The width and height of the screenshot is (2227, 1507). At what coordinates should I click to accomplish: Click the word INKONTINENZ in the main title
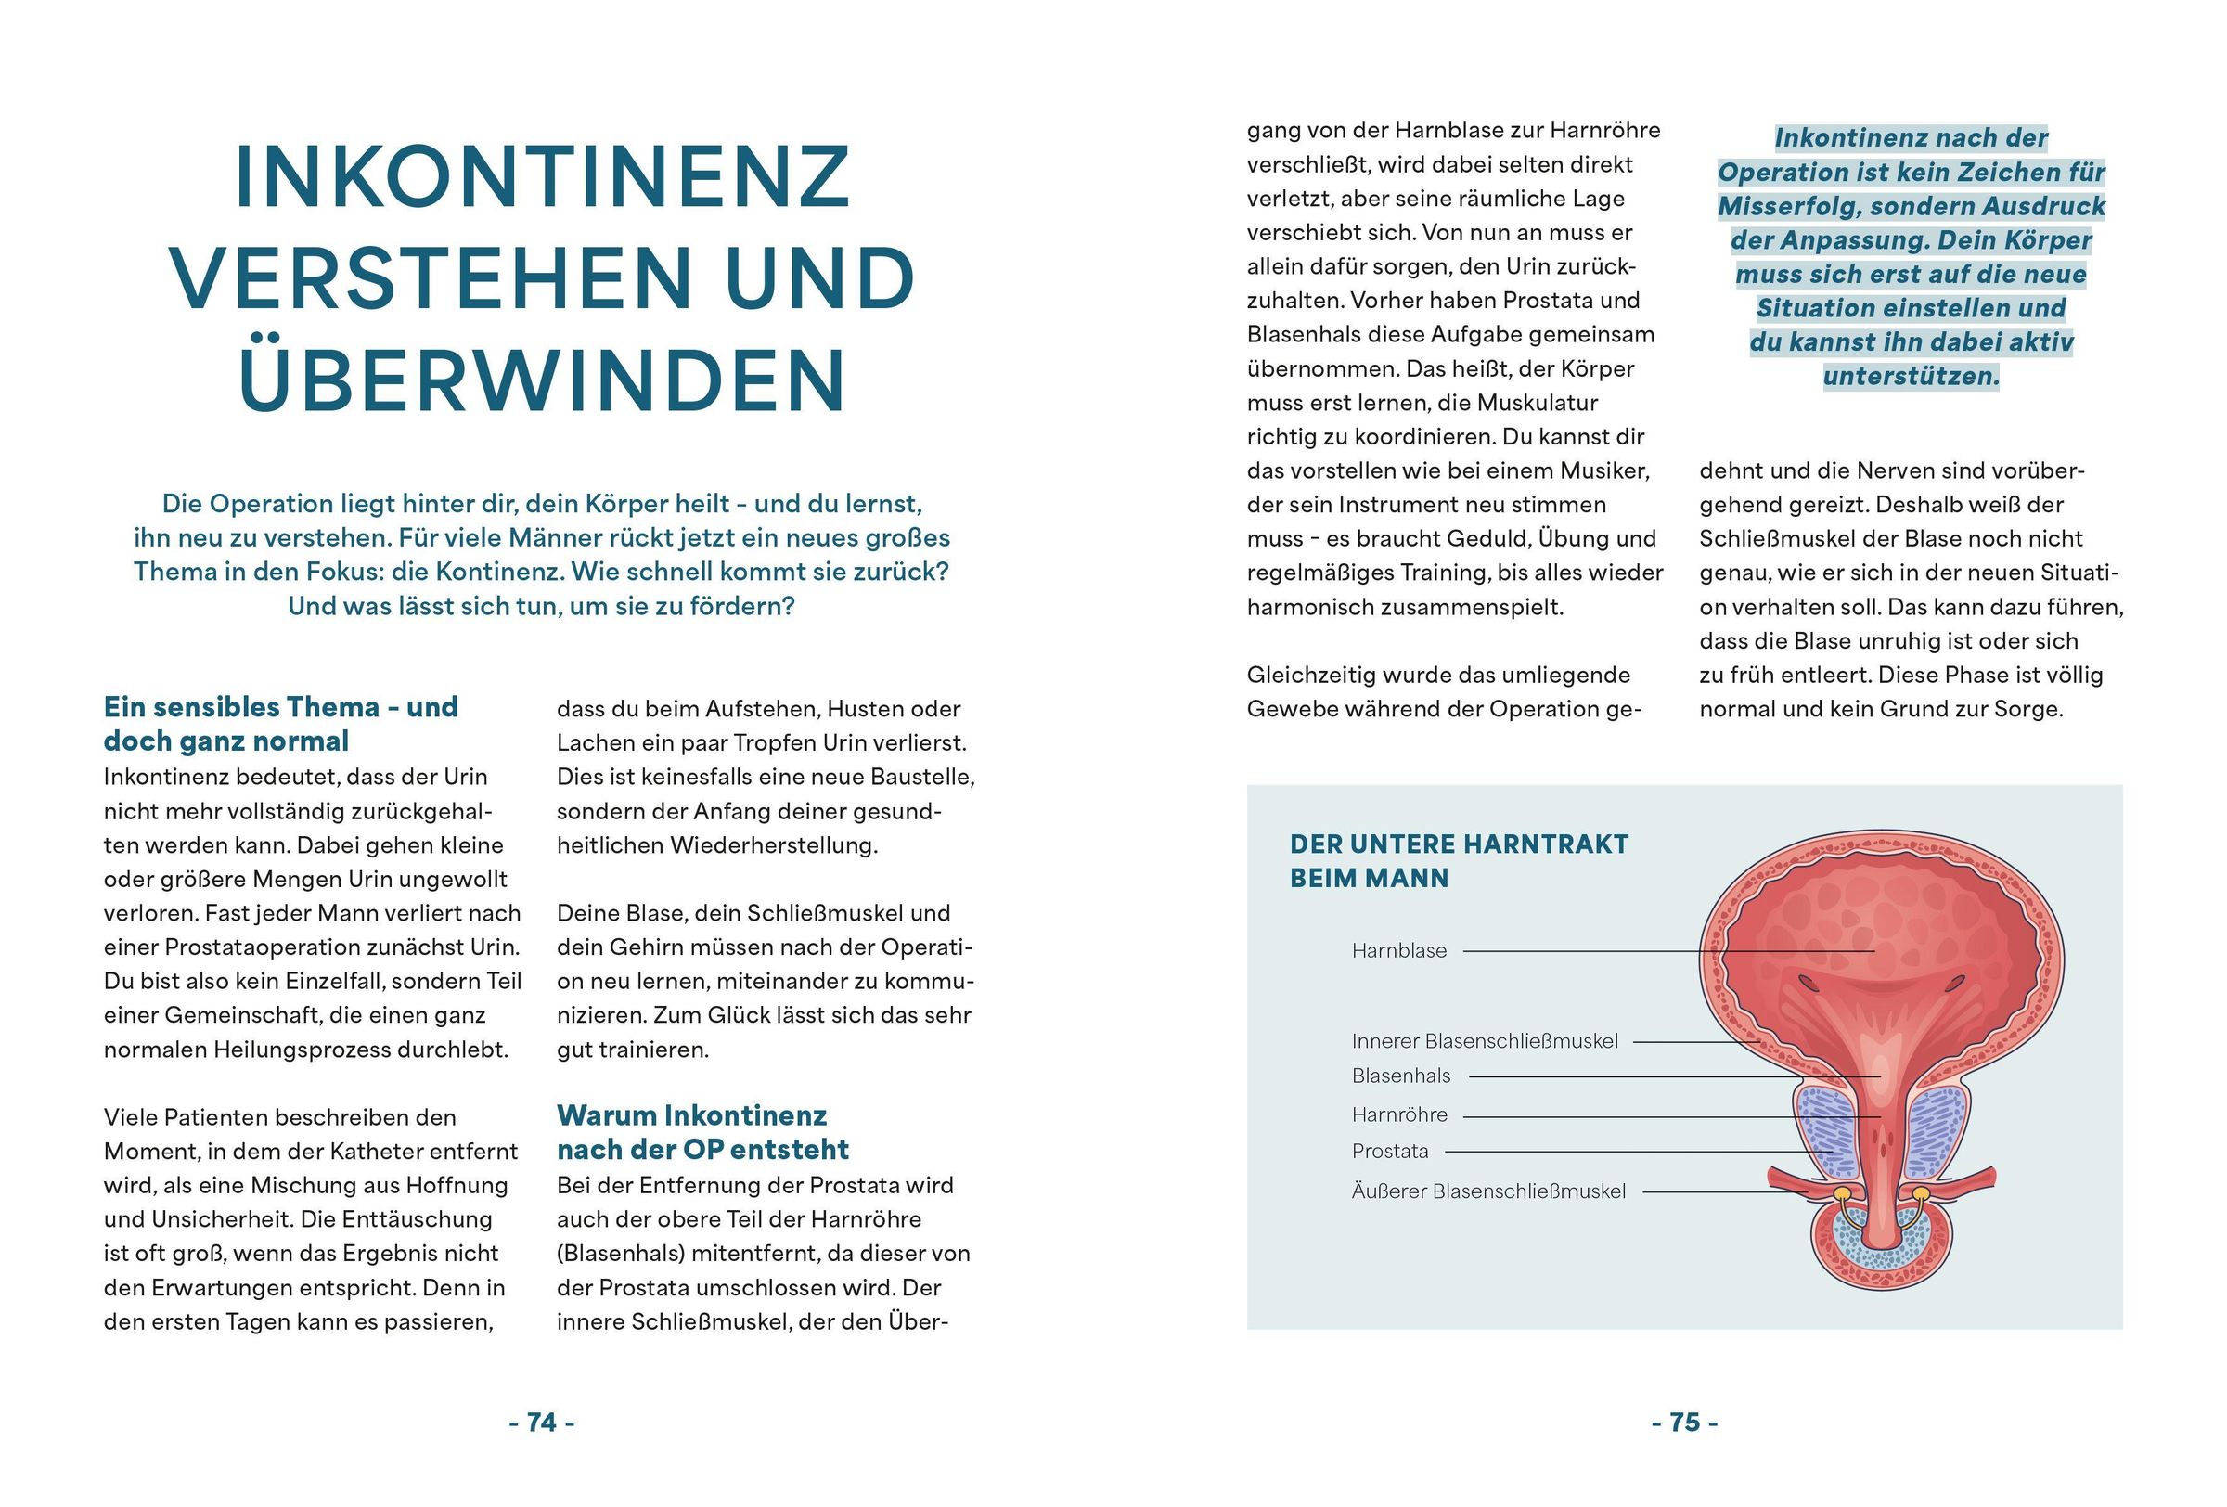pyautogui.click(x=543, y=177)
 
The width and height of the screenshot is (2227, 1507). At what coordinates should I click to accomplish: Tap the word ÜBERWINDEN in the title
pyautogui.click(x=543, y=380)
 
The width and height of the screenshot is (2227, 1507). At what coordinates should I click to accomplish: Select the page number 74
pyautogui.click(x=541, y=1423)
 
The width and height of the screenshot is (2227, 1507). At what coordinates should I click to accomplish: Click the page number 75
pyautogui.click(x=1684, y=1423)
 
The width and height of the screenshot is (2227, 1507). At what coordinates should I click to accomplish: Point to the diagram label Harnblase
pyautogui.click(x=1399, y=951)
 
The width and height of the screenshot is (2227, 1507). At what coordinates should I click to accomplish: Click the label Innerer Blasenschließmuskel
pyautogui.click(x=1485, y=1041)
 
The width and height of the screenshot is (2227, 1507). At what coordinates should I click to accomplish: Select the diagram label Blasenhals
pyautogui.click(x=1401, y=1076)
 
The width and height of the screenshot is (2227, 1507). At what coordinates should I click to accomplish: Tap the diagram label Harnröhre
pyautogui.click(x=1399, y=1115)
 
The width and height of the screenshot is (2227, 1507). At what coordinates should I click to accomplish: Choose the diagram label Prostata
pyautogui.click(x=1389, y=1152)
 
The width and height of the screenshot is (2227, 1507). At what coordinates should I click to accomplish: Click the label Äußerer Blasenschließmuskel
pyautogui.click(x=1488, y=1191)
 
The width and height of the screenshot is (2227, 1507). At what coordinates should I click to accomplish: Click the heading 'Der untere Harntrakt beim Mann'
pyautogui.click(x=1459, y=860)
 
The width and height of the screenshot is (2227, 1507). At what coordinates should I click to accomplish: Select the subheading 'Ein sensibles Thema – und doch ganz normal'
pyautogui.click(x=281, y=725)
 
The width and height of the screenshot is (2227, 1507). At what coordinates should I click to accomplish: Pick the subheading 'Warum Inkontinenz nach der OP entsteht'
pyautogui.click(x=702, y=1132)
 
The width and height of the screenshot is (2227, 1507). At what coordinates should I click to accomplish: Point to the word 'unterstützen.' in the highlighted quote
pyautogui.click(x=1911, y=377)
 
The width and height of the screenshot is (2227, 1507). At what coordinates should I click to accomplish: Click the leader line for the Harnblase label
pyautogui.click(x=1667, y=951)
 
